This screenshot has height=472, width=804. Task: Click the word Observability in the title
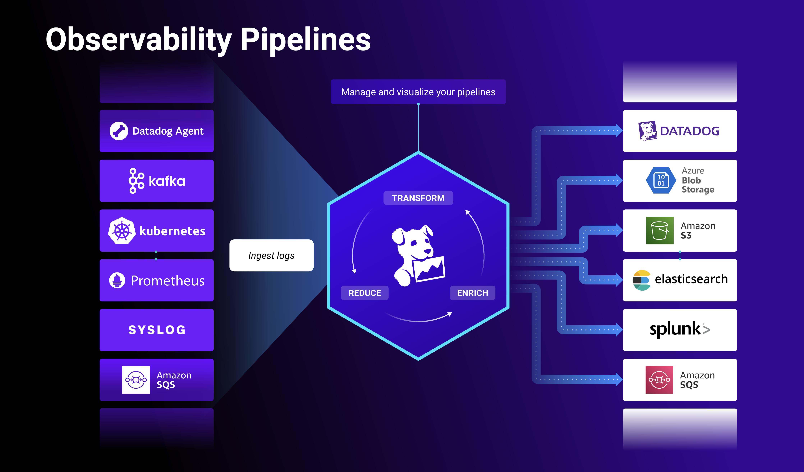(139, 40)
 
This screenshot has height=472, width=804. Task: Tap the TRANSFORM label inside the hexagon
(418, 198)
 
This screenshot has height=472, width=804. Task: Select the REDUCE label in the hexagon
(365, 293)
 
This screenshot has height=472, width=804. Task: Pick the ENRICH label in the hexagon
(472, 293)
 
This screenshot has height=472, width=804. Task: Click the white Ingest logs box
(271, 255)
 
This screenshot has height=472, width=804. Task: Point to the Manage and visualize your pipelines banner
(418, 92)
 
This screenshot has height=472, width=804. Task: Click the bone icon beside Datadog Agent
(119, 131)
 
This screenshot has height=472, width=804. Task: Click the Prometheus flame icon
(117, 281)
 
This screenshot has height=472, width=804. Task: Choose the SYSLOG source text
(157, 330)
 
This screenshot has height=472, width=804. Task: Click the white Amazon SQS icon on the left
(136, 380)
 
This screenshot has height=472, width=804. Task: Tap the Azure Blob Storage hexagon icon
(661, 180)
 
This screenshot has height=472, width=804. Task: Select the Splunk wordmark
(680, 329)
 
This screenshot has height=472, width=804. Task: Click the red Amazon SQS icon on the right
(659, 380)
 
